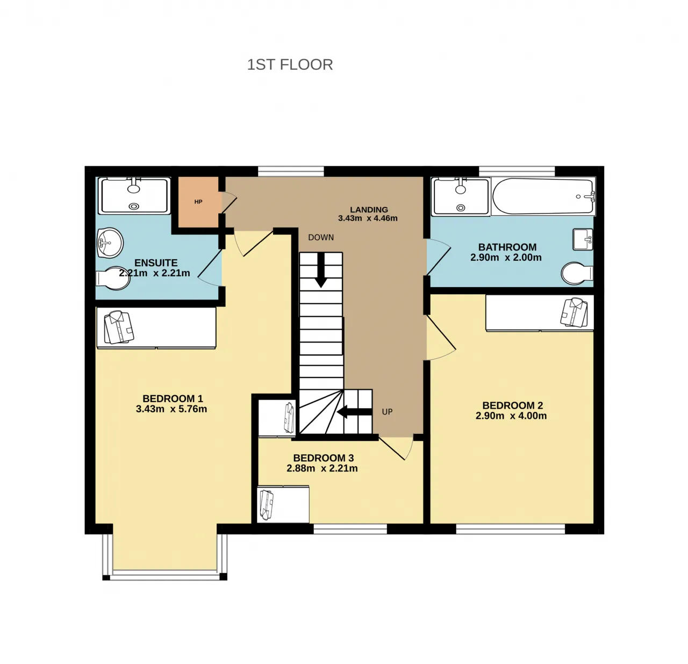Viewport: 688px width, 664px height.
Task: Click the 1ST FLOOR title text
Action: coord(290,65)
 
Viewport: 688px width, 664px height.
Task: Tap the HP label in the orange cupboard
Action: coord(198,202)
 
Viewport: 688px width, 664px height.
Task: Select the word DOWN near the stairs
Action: coord(321,238)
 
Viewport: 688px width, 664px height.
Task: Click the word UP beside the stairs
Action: coord(387,412)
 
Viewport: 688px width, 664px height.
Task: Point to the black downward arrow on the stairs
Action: coord(321,270)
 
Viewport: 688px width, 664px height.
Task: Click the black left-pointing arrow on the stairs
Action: coord(355,412)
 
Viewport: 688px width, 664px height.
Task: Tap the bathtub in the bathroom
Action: coord(543,197)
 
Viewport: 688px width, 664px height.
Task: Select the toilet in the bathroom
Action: coord(577,273)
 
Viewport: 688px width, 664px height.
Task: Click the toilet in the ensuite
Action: coord(113,279)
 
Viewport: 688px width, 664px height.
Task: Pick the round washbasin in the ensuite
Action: coord(110,243)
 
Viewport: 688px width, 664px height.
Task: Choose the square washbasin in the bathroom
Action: coord(583,239)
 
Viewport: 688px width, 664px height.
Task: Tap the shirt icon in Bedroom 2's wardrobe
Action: coord(574,312)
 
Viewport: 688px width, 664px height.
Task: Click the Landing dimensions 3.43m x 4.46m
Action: coord(368,218)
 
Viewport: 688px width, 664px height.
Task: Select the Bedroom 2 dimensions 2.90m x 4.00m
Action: coord(511,416)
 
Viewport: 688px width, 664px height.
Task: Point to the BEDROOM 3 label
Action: coord(324,458)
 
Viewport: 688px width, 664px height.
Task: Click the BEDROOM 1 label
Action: coord(173,399)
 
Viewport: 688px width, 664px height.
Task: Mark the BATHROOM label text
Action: coord(507,247)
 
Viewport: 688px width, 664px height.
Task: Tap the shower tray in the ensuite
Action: coord(134,196)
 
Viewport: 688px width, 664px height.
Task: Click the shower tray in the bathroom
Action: coord(461,197)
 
